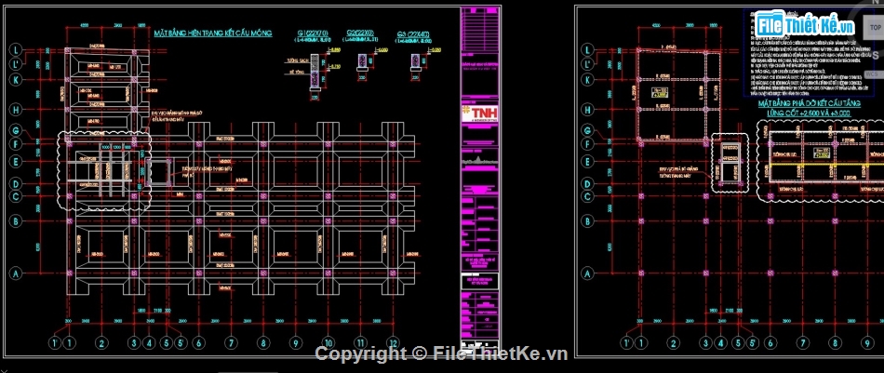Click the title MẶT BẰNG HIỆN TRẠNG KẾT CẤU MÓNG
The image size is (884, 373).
pos(212,33)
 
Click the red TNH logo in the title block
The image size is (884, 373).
pos(480,113)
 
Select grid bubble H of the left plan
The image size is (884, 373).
pos(16,110)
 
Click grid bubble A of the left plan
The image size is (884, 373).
pos(16,273)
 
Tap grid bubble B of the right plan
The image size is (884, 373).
pos(587,221)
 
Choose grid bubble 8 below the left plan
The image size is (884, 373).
pos(263,342)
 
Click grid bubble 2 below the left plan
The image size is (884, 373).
pos(98,342)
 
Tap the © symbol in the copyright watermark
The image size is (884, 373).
pos(419,353)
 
